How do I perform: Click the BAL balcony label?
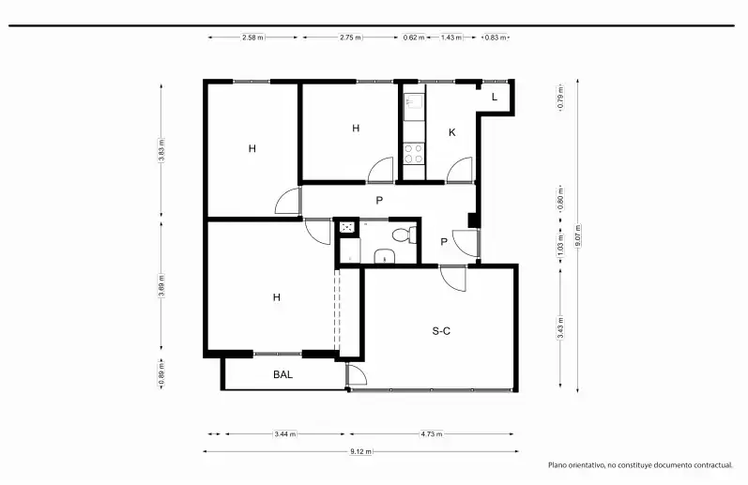click(282, 374)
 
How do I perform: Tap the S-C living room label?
click(441, 331)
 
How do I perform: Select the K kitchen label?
click(452, 132)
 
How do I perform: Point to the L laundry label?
click(495, 97)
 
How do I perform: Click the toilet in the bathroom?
click(405, 235)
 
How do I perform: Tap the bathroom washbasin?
click(385, 256)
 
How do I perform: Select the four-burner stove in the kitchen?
click(414, 154)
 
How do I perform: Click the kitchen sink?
click(413, 101)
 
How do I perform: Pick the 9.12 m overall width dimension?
click(360, 451)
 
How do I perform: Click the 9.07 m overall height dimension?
click(578, 235)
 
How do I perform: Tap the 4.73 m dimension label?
click(432, 434)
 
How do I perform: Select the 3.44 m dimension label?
click(284, 434)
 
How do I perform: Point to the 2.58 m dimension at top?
click(252, 38)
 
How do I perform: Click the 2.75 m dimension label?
click(351, 38)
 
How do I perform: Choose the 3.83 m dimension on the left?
click(161, 150)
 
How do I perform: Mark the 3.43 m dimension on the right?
click(560, 328)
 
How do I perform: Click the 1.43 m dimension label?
click(450, 38)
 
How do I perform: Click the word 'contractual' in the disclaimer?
click(712, 465)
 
